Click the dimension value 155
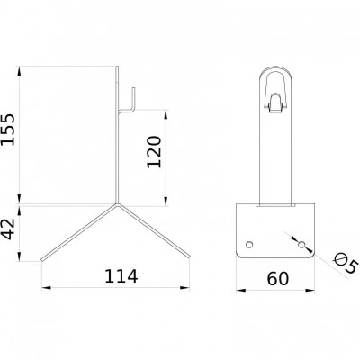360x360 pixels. (8, 130)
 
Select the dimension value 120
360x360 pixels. (154, 152)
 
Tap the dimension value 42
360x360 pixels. (8, 229)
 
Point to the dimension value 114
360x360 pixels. (121, 276)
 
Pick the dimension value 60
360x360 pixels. (278, 278)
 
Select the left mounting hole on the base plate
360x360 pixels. (249, 245)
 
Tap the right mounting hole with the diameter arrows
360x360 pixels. (301, 245)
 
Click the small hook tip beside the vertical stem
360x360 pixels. (133, 89)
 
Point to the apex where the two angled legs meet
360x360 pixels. (117, 204)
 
